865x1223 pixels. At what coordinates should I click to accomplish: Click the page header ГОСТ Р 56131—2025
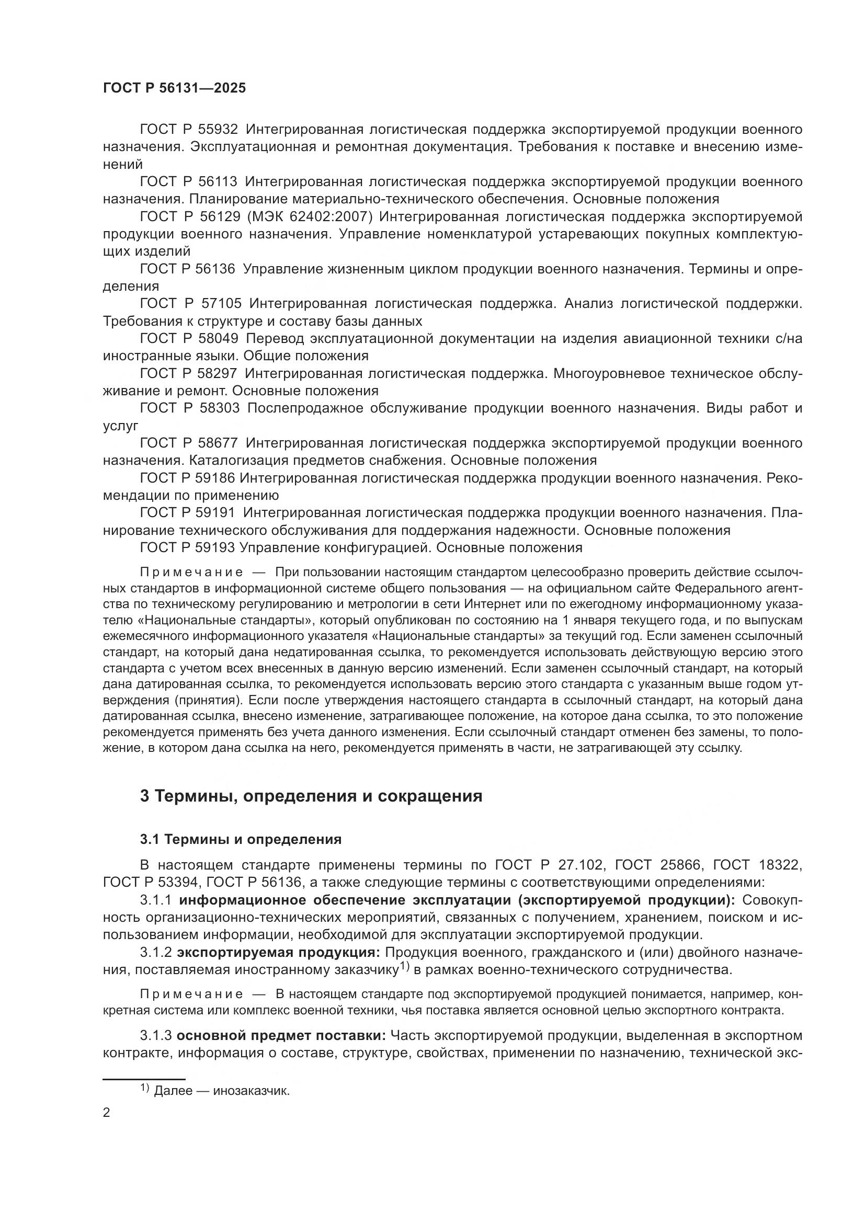[174, 88]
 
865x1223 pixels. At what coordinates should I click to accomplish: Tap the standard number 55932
[219, 130]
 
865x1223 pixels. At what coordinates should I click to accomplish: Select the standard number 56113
[218, 181]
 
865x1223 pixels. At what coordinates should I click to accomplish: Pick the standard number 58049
[219, 338]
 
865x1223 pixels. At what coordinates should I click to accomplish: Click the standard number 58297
[218, 373]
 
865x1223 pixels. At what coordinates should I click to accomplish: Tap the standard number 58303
[219, 408]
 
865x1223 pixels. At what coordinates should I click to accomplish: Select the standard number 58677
[219, 443]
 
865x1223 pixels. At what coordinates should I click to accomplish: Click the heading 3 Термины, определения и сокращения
[311, 796]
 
